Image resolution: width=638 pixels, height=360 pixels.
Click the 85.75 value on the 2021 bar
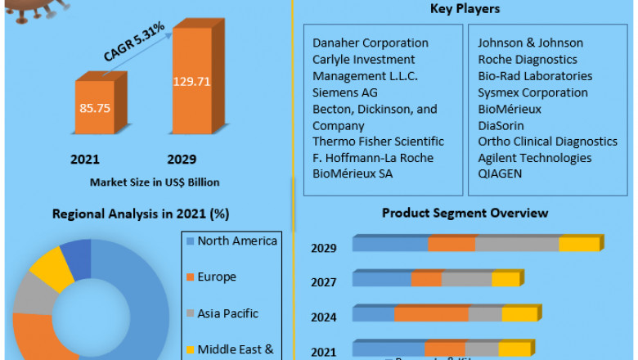pos(95,107)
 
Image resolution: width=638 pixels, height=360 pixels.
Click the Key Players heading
pos(465,9)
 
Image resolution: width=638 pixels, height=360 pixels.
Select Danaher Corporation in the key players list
pos(370,43)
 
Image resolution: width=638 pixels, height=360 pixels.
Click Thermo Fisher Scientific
pos(378,142)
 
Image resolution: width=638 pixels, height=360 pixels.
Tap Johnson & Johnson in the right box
pos(530,43)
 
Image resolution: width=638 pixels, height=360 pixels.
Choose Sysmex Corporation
pos(532,92)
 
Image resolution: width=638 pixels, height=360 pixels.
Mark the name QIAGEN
pos(500,173)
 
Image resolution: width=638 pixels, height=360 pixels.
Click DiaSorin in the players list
pos(501,125)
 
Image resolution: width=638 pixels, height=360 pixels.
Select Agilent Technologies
pos(534,158)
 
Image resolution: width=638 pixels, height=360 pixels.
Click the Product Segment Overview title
pos(465,213)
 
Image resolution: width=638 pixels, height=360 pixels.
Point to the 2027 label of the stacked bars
pos(324,282)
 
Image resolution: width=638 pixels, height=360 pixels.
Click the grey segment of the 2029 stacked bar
pos(517,244)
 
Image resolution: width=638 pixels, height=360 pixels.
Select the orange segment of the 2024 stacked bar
pos(431,314)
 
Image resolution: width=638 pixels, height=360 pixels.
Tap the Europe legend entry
pos(216,277)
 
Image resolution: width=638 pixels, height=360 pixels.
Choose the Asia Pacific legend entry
pos(227,313)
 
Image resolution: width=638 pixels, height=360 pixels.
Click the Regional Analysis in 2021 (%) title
pos(140,214)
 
